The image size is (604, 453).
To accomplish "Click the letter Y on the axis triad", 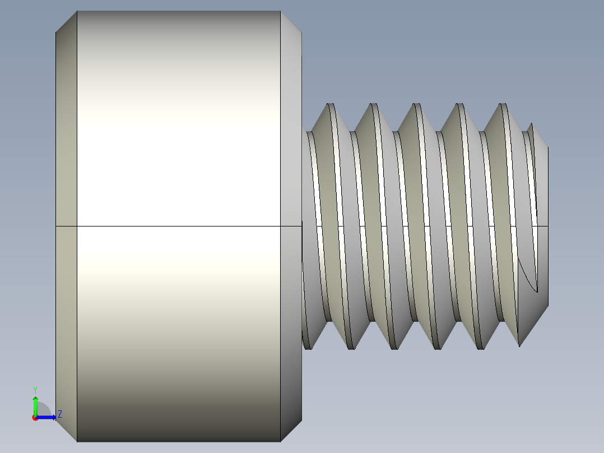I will click(x=35, y=389).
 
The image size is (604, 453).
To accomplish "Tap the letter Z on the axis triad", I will click(x=59, y=414).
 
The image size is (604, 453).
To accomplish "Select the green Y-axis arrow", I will click(x=35, y=405).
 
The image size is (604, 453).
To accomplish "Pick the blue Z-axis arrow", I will click(x=47, y=417).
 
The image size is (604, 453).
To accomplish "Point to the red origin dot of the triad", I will click(x=35, y=418).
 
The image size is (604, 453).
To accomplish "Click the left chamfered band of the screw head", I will click(x=66, y=168).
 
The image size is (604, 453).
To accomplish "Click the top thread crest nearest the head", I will click(x=331, y=105).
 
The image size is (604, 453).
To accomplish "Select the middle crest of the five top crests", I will click(x=416, y=105).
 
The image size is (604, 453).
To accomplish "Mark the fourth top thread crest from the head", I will click(x=459, y=105).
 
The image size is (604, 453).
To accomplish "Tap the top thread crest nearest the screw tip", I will click(x=503, y=105).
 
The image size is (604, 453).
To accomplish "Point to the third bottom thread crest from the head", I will click(x=394, y=348).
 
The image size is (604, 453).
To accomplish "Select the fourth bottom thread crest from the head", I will click(x=438, y=348).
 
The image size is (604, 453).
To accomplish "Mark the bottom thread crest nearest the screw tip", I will click(x=480, y=348).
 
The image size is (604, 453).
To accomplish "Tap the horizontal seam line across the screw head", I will click(x=178, y=227).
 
